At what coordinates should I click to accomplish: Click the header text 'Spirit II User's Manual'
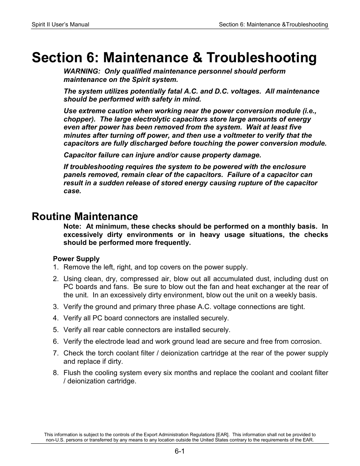click(x=60, y=25)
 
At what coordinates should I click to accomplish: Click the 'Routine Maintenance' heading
click(x=85, y=216)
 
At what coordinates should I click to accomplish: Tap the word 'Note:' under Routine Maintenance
click(x=72, y=226)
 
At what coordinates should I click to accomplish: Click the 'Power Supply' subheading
click(x=76, y=259)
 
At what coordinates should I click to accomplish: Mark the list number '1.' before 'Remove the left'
click(x=56, y=267)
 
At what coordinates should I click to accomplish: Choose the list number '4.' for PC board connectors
click(x=56, y=318)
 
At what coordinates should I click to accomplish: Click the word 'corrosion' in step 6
click(x=306, y=341)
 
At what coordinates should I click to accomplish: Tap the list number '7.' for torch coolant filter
click(x=56, y=353)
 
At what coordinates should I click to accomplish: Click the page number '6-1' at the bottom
click(x=179, y=451)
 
